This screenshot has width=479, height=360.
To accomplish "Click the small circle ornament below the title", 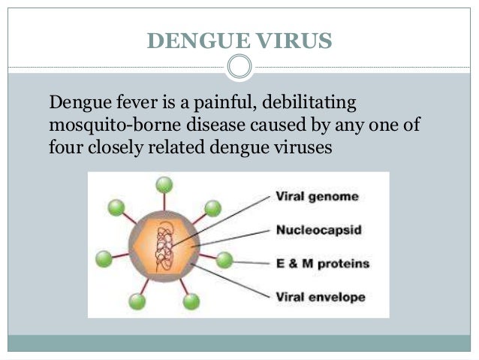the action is pos(239,68).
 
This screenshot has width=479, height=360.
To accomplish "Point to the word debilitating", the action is pos(305,101).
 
